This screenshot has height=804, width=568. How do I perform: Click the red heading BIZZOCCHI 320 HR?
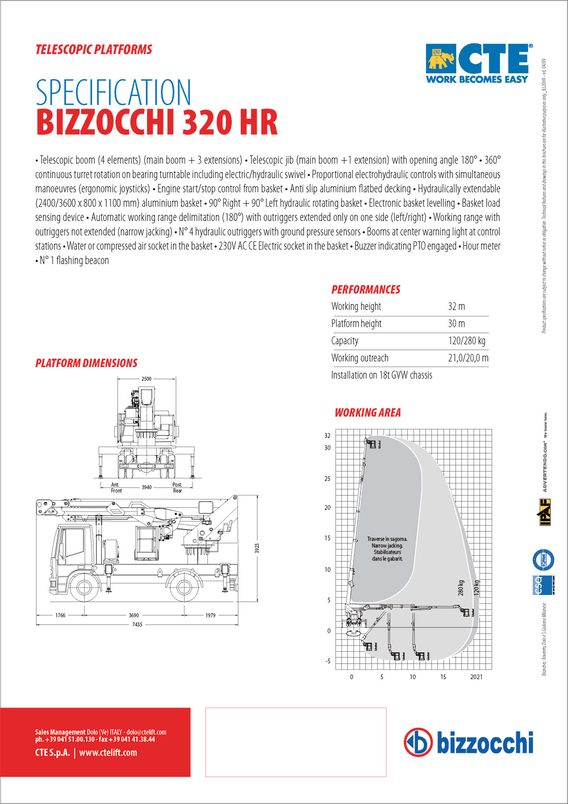click(x=157, y=122)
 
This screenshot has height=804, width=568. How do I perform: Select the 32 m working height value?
click(x=456, y=306)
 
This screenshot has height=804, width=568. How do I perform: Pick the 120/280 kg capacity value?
click(x=466, y=341)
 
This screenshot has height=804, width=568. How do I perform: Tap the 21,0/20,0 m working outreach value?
click(x=468, y=358)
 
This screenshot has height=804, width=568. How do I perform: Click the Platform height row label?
click(x=356, y=324)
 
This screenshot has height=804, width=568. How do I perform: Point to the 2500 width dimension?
click(x=147, y=379)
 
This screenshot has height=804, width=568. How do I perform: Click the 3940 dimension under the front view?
click(x=147, y=487)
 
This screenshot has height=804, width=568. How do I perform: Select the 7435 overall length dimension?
click(x=137, y=624)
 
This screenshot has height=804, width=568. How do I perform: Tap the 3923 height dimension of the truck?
click(x=257, y=548)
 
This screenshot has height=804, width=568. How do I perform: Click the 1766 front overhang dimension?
click(x=60, y=615)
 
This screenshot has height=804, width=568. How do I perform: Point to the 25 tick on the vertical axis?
click(x=327, y=478)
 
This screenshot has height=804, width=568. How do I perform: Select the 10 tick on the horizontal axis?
click(x=412, y=677)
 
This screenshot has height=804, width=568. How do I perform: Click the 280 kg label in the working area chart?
click(x=461, y=588)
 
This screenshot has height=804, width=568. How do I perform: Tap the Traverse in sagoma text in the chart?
click(x=387, y=539)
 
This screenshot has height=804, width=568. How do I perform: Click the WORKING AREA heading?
click(x=367, y=413)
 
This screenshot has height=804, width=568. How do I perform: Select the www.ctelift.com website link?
click(x=108, y=753)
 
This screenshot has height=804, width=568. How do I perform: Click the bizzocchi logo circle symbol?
click(x=417, y=742)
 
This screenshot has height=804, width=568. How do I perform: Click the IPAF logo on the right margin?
click(x=545, y=512)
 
